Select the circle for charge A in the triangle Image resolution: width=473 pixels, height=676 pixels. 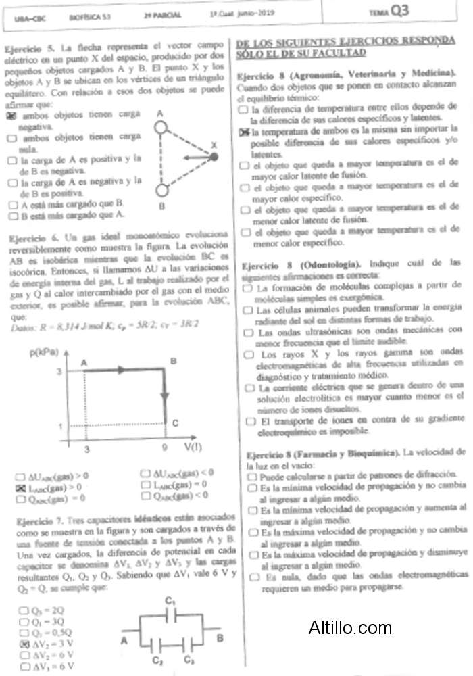[161, 126]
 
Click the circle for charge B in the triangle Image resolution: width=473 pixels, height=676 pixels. [161, 189]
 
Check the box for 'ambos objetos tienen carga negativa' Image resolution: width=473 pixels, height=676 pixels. [11, 116]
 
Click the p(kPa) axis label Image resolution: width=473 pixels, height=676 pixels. [44, 352]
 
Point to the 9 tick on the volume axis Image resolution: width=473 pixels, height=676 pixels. [164, 448]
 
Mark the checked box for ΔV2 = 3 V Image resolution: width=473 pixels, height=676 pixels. [24, 644]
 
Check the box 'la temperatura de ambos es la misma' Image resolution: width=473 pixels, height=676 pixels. [244, 131]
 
